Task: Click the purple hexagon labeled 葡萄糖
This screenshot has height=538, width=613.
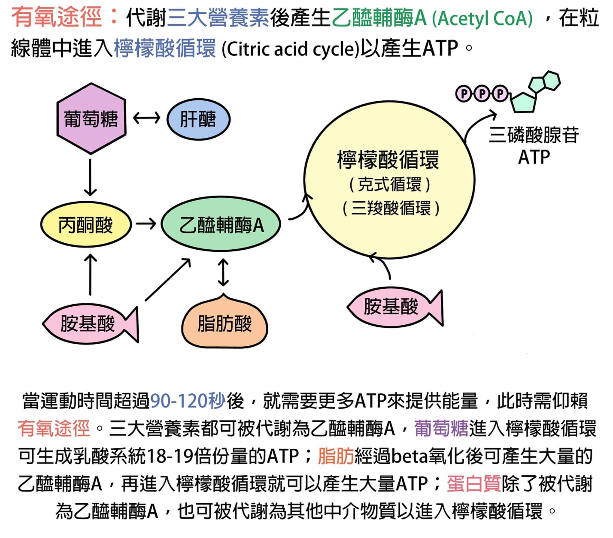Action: click(x=91, y=119)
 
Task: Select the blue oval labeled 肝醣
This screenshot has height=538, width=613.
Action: click(x=198, y=119)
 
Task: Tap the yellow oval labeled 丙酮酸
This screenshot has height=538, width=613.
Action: click(x=85, y=224)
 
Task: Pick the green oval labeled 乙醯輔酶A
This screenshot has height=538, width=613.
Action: click(x=221, y=224)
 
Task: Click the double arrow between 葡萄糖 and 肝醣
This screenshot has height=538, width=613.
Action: click(x=146, y=118)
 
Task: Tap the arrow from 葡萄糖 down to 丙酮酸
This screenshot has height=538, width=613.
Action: click(x=90, y=177)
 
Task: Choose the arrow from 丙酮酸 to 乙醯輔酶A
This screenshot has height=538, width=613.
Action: click(x=146, y=224)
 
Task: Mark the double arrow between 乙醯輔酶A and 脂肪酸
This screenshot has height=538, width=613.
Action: click(x=223, y=272)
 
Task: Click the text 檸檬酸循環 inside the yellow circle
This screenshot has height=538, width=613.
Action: click(x=388, y=160)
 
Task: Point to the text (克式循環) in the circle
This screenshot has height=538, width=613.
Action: click(x=389, y=185)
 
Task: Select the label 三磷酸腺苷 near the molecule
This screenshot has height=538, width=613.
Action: click(x=534, y=135)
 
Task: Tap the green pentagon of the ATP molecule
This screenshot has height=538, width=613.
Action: click(x=524, y=102)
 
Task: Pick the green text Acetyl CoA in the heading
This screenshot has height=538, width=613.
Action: click(x=482, y=19)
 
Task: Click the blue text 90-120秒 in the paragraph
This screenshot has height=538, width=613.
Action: click(x=188, y=401)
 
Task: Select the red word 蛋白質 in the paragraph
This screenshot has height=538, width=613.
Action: click(x=474, y=484)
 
